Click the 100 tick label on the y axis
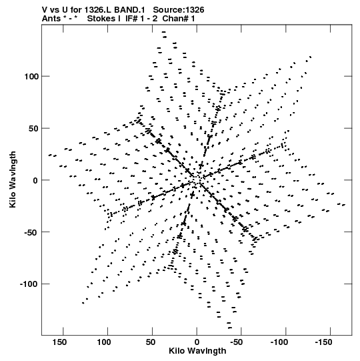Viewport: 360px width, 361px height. pos(31,76)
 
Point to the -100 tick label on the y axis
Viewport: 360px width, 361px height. pos(29,284)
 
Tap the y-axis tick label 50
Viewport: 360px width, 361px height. pos(33,128)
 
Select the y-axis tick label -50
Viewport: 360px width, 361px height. pos(31,232)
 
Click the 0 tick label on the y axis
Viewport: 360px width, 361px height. pos(35,180)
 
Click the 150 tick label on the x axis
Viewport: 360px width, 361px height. pos(59,342)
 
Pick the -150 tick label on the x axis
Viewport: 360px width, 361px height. pos(323,342)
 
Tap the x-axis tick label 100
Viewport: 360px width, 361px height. pos(104,342)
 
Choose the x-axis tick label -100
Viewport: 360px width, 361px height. pos(279,342)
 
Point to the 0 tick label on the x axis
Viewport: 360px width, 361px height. pos(197,342)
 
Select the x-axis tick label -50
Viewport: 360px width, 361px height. pos(237,342)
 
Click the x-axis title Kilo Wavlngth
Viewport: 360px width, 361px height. pos(197,351)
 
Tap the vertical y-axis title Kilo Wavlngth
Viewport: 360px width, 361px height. pos(13,179)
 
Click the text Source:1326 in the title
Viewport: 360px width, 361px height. pos(179,10)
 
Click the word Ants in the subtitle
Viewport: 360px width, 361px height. pos(51,19)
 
